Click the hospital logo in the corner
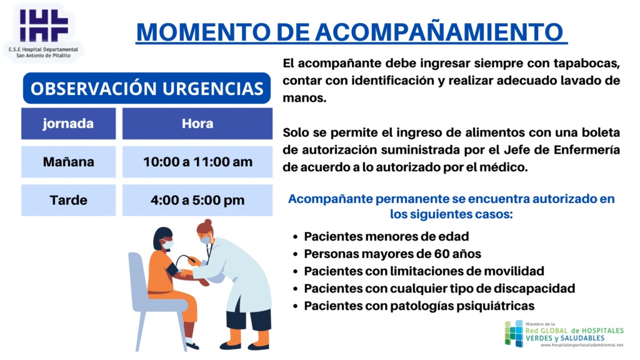44,32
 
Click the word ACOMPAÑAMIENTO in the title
439,32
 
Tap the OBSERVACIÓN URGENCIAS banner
147,88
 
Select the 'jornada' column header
69,124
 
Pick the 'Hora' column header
197,124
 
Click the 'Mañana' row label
69,162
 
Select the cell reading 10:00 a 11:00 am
197,162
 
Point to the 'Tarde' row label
69,201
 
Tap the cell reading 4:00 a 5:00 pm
197,201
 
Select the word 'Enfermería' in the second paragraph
587,150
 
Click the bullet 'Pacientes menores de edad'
386,236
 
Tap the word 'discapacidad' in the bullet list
534,289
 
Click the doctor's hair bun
208,223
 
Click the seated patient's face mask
167,244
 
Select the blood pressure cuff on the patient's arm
172,269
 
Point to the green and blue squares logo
514,334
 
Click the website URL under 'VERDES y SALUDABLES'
582,345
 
